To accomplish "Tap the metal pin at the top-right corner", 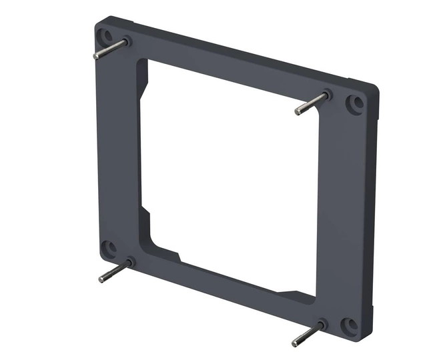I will (311, 104).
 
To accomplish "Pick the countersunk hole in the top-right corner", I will (356, 103).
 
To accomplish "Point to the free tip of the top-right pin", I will (298, 111).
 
